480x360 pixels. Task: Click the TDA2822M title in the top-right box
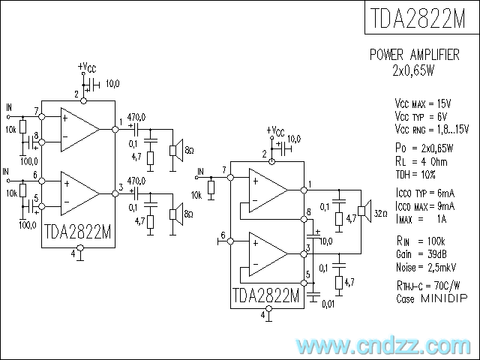tap(418, 18)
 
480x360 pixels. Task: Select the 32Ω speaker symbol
tap(364, 211)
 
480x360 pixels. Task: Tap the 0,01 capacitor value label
tap(328, 304)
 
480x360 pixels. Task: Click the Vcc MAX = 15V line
tap(423, 104)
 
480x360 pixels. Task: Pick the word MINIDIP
tap(445, 298)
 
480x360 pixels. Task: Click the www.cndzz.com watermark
tap(383, 346)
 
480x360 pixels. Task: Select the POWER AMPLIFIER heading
tap(415, 55)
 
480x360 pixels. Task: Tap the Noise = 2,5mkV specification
tap(426, 268)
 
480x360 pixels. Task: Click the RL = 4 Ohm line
tap(421, 162)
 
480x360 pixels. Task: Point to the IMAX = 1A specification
tap(421, 219)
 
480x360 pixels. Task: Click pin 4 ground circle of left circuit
tap(80, 247)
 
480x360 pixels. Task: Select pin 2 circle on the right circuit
tap(271, 162)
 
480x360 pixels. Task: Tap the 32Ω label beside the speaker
tap(380, 213)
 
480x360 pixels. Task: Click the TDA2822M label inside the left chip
tap(78, 232)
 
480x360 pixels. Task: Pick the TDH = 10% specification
tap(415, 175)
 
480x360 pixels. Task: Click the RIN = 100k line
tap(421, 241)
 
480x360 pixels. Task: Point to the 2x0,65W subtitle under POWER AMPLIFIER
tap(414, 70)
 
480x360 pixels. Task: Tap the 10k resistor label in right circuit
tap(196, 195)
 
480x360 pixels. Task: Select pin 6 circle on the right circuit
tap(230, 241)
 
